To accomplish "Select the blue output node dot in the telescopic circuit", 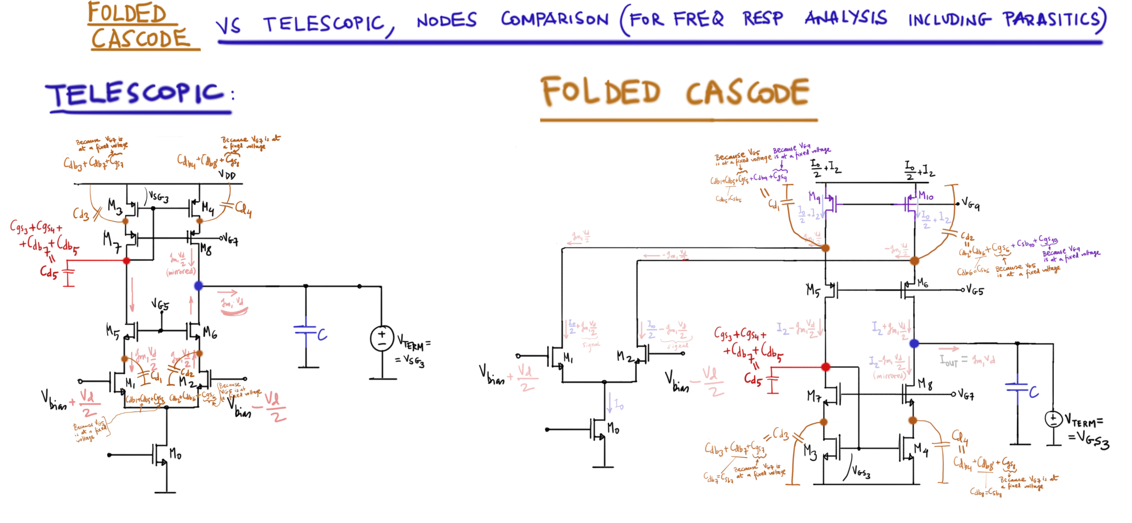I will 199,286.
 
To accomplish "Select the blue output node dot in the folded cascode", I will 914,344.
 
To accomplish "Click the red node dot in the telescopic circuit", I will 126,261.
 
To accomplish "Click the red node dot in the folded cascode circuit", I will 826,367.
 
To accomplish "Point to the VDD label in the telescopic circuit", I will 227,175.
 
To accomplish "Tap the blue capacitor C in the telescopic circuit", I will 306,332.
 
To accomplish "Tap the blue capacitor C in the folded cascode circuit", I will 1018,389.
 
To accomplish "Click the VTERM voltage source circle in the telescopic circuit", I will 382,338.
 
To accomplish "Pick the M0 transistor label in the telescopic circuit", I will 175,454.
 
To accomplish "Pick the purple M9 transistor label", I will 814,197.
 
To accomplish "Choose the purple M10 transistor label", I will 925,196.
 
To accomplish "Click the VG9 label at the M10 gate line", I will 970,205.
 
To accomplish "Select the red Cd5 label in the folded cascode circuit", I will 753,379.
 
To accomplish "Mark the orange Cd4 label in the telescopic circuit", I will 243,209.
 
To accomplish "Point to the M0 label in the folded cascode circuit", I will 613,428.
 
